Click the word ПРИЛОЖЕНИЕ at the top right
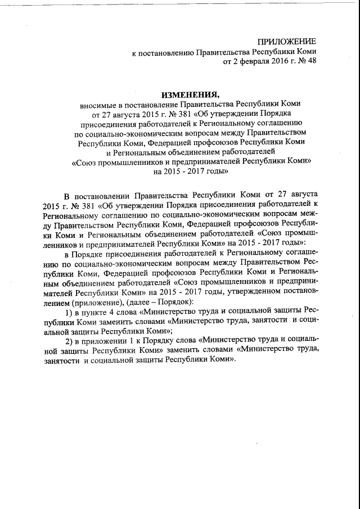click(x=287, y=42)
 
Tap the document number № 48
click(x=306, y=61)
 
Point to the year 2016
click(x=274, y=61)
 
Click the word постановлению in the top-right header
click(x=166, y=51)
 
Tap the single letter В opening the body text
click(x=65, y=194)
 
